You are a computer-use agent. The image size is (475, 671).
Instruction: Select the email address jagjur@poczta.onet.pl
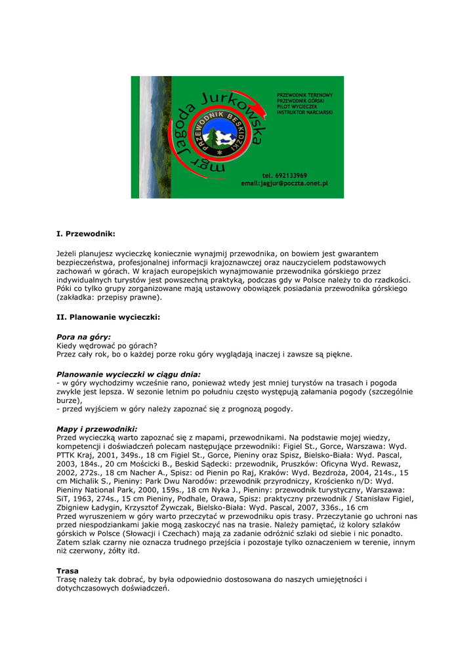pyautogui.click(x=293, y=183)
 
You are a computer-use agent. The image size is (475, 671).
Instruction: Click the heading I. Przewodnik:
pyautogui.click(x=86, y=233)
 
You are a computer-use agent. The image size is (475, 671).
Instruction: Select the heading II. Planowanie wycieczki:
pyautogui.click(x=108, y=317)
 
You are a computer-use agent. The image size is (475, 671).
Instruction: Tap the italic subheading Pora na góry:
pyautogui.click(x=84, y=337)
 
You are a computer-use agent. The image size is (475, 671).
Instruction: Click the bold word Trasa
pyautogui.click(x=68, y=571)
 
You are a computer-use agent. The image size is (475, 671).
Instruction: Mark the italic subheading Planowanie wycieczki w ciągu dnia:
pyautogui.click(x=129, y=374)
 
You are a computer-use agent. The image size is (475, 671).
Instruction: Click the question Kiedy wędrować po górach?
pyautogui.click(x=107, y=345)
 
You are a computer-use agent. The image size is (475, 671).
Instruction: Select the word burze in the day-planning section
pyautogui.click(x=68, y=400)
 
